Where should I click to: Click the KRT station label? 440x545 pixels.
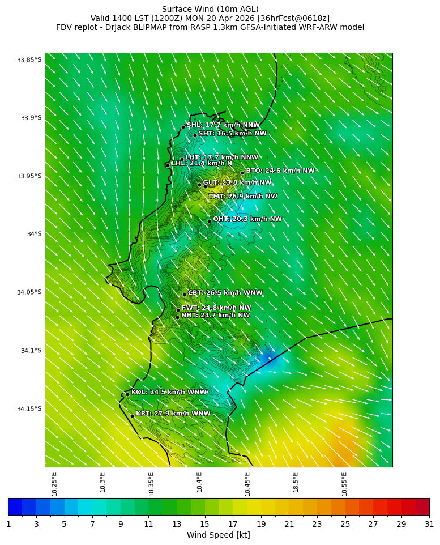pyautogui.click(x=173, y=414)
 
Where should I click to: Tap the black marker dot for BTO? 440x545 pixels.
pyautogui.click(x=242, y=173)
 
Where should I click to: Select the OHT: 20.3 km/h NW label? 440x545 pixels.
pyautogui.click(x=247, y=219)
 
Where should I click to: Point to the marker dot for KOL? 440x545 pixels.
pyautogui.click(x=127, y=394)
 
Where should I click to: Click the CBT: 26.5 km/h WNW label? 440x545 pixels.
pyautogui.click(x=225, y=293)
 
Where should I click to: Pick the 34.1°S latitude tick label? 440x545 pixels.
pyautogui.click(x=31, y=351)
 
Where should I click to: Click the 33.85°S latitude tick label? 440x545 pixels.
pyautogui.click(x=29, y=60)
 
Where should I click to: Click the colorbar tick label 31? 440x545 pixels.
pyautogui.click(x=429, y=524)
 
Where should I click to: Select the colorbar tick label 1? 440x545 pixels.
pyautogui.click(x=8, y=524)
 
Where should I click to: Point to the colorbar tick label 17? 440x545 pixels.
pyautogui.click(x=233, y=524)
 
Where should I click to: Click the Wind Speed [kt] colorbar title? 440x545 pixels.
pyautogui.click(x=219, y=535)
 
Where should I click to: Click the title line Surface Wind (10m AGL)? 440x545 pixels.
pyautogui.click(x=210, y=9)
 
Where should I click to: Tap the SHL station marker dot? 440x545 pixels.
pyautogui.click(x=183, y=127)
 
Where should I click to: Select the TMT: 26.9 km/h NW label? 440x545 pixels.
pyautogui.click(x=243, y=197)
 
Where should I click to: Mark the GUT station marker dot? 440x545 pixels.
pyautogui.click(x=199, y=184)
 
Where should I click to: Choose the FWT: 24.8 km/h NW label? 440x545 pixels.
pyautogui.click(x=216, y=308)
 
